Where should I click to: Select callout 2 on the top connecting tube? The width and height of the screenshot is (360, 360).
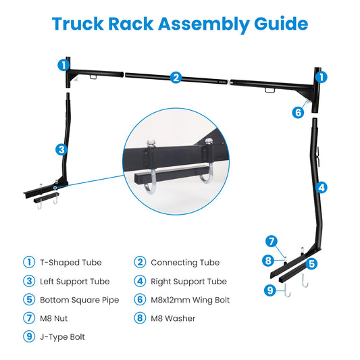click(x=176, y=77)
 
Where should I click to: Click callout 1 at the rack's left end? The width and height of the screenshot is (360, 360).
click(x=63, y=66)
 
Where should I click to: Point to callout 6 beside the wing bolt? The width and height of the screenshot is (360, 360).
click(x=298, y=113)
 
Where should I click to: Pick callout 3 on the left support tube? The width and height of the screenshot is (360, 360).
click(x=61, y=149)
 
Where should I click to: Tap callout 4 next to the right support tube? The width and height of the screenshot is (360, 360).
click(x=322, y=187)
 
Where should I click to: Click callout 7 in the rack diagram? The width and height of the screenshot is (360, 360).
click(x=272, y=241)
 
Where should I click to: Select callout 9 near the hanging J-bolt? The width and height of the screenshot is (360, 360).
click(x=269, y=291)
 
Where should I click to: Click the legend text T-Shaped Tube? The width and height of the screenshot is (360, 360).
click(x=70, y=263)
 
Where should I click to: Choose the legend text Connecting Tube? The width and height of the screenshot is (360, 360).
click(x=184, y=263)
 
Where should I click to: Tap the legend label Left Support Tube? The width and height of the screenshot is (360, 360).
click(x=74, y=282)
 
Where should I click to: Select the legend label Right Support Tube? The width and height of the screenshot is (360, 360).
click(x=188, y=282)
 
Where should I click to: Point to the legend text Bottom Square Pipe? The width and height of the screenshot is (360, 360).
click(x=79, y=300)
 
